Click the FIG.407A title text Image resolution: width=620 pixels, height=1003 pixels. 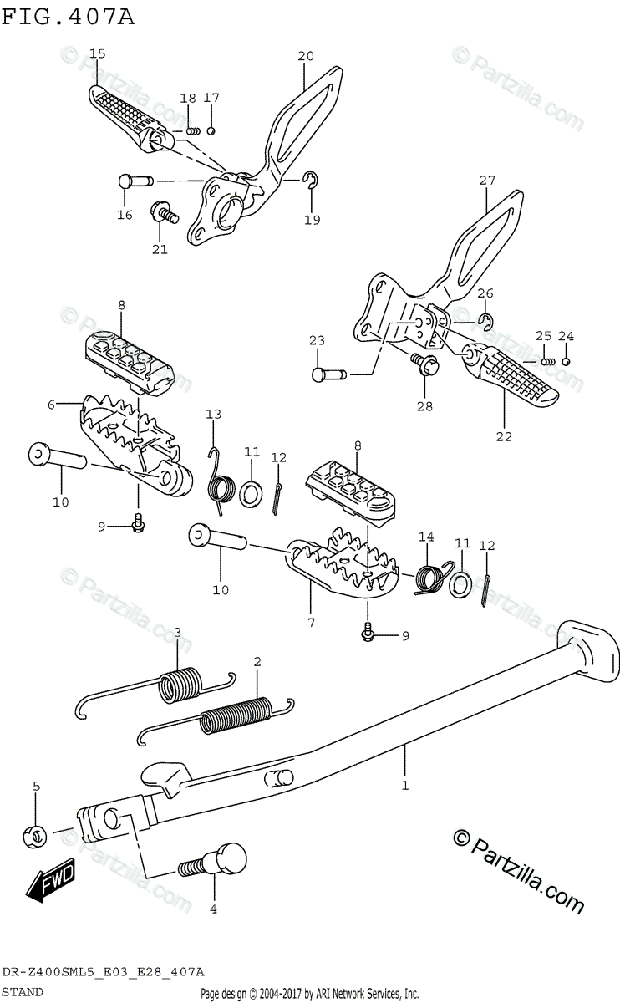69,16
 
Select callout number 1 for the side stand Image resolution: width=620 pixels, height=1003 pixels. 404,786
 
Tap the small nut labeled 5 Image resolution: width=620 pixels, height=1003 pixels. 34,833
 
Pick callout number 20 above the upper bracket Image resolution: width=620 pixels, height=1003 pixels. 305,56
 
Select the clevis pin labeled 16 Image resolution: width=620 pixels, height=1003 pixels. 134,181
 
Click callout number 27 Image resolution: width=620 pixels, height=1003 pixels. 487,180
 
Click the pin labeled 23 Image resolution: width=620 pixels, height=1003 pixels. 328,374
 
